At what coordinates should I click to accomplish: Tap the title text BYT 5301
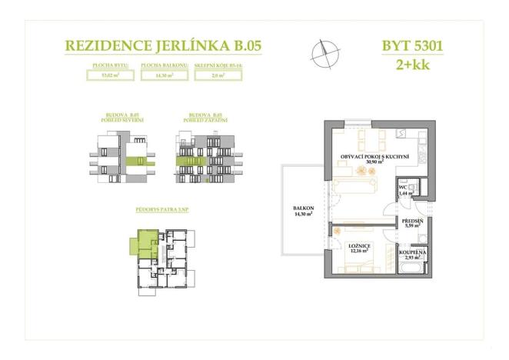click(412, 45)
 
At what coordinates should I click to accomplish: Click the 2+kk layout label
click(412, 65)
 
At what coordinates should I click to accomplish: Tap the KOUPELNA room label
click(412, 253)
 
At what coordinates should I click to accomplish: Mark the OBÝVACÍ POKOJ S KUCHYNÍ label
click(374, 158)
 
